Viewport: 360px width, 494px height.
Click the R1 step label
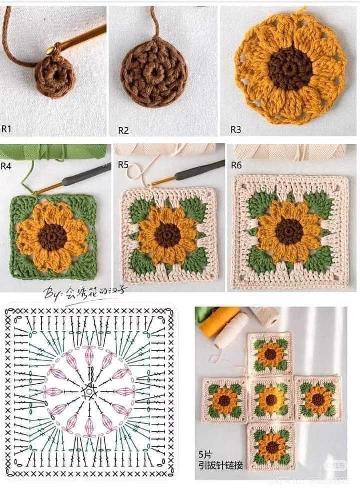(6, 129)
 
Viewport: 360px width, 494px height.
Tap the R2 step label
(123, 131)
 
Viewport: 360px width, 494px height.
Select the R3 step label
(235, 130)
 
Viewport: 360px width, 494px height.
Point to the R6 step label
(236, 165)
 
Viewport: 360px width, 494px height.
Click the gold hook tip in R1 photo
(50, 50)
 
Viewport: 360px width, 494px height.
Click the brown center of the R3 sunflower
(290, 68)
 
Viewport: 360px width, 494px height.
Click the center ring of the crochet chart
(90, 391)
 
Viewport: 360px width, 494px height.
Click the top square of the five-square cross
(270, 354)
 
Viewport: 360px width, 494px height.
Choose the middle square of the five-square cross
(271, 399)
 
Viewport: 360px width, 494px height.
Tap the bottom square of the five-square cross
(272, 446)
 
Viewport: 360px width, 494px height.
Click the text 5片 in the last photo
(205, 455)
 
